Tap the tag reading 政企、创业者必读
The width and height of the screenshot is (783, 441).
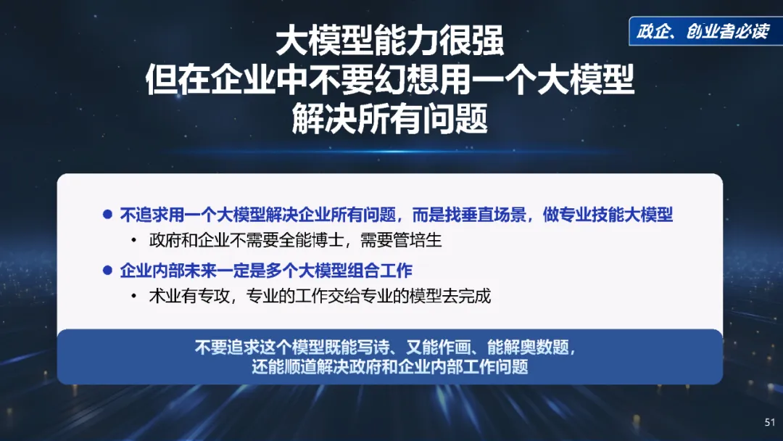click(x=702, y=32)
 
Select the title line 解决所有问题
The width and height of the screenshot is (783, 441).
click(x=390, y=119)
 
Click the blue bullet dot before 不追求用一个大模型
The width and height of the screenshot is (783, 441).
click(x=107, y=215)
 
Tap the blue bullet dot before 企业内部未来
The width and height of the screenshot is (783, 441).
click(x=107, y=271)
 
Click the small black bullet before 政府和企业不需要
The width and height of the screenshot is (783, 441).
click(x=133, y=241)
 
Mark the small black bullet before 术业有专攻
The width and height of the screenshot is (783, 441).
click(x=133, y=296)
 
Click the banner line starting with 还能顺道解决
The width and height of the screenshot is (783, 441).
click(x=390, y=366)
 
